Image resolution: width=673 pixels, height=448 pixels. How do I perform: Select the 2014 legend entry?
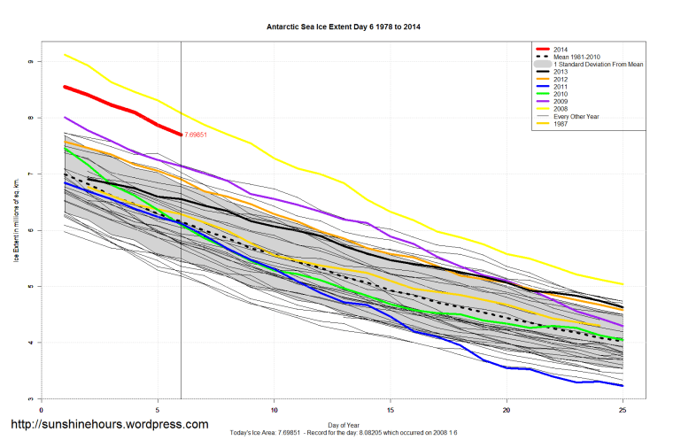pyautogui.click(x=560, y=48)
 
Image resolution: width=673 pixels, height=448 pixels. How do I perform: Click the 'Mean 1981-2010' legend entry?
pyautogui.click(x=579, y=57)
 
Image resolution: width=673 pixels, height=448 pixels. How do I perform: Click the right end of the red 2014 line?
pyautogui.click(x=181, y=135)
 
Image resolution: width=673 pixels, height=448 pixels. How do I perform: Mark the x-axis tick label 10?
pyautogui.click(x=274, y=410)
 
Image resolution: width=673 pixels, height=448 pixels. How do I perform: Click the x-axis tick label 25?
pyautogui.click(x=623, y=410)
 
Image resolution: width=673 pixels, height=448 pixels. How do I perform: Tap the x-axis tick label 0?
pyautogui.click(x=42, y=410)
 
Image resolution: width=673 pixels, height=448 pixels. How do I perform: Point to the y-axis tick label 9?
pyautogui.click(x=30, y=61)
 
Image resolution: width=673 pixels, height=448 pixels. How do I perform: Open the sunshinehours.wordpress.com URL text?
pyautogui.click(x=109, y=426)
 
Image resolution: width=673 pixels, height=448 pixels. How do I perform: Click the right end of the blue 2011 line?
pyautogui.click(x=623, y=386)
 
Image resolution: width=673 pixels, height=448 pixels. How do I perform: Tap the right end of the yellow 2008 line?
pyautogui.click(x=623, y=284)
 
